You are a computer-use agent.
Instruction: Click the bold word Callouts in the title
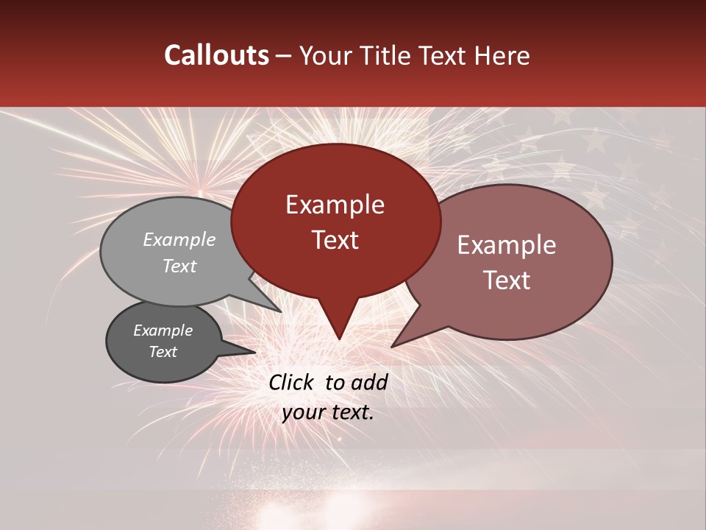coord(216,55)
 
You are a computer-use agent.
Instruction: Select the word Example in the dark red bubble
coord(335,205)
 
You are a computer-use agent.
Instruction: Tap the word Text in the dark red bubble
coord(335,240)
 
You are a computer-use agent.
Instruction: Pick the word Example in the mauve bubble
coord(507,245)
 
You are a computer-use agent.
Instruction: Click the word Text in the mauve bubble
coord(507,280)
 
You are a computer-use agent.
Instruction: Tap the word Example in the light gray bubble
coord(179,240)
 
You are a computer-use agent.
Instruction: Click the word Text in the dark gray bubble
coord(163,352)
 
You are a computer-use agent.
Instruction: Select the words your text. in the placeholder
coord(328,413)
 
